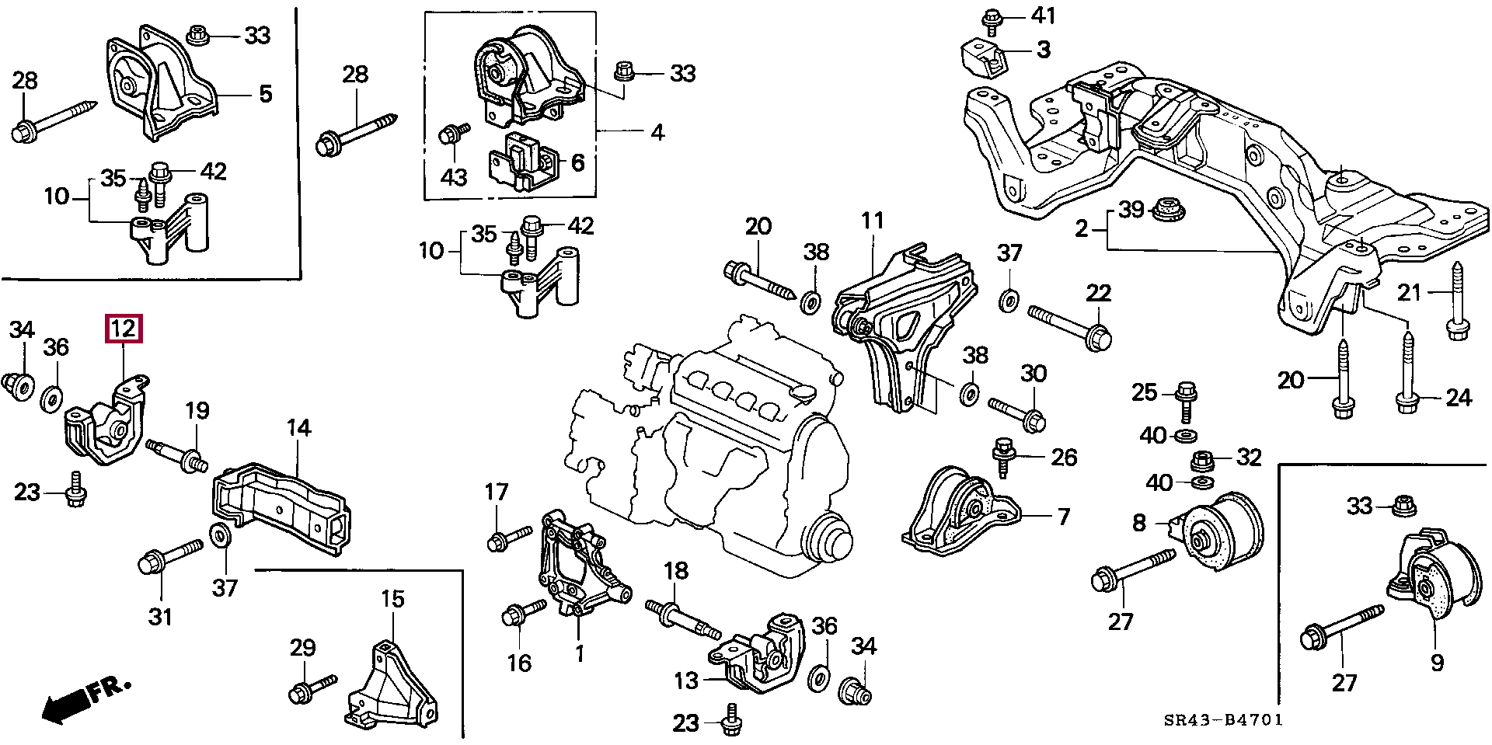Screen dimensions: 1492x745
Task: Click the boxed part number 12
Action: tap(124, 329)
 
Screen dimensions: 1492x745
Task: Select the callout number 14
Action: tap(298, 428)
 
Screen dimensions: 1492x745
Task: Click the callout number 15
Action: tap(392, 599)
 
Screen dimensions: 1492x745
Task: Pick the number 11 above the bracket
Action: tap(873, 221)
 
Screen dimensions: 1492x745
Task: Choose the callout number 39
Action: tap(1131, 210)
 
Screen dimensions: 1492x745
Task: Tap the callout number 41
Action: tap(1044, 14)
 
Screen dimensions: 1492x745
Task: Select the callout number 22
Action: tap(1098, 293)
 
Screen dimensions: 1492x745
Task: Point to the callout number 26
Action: tap(1063, 457)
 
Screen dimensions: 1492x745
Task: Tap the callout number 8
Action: tap(1138, 523)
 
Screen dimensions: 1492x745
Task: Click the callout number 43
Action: tap(454, 177)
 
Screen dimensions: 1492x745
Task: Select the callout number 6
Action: tap(577, 162)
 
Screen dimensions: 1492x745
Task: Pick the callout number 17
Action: tap(496, 492)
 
